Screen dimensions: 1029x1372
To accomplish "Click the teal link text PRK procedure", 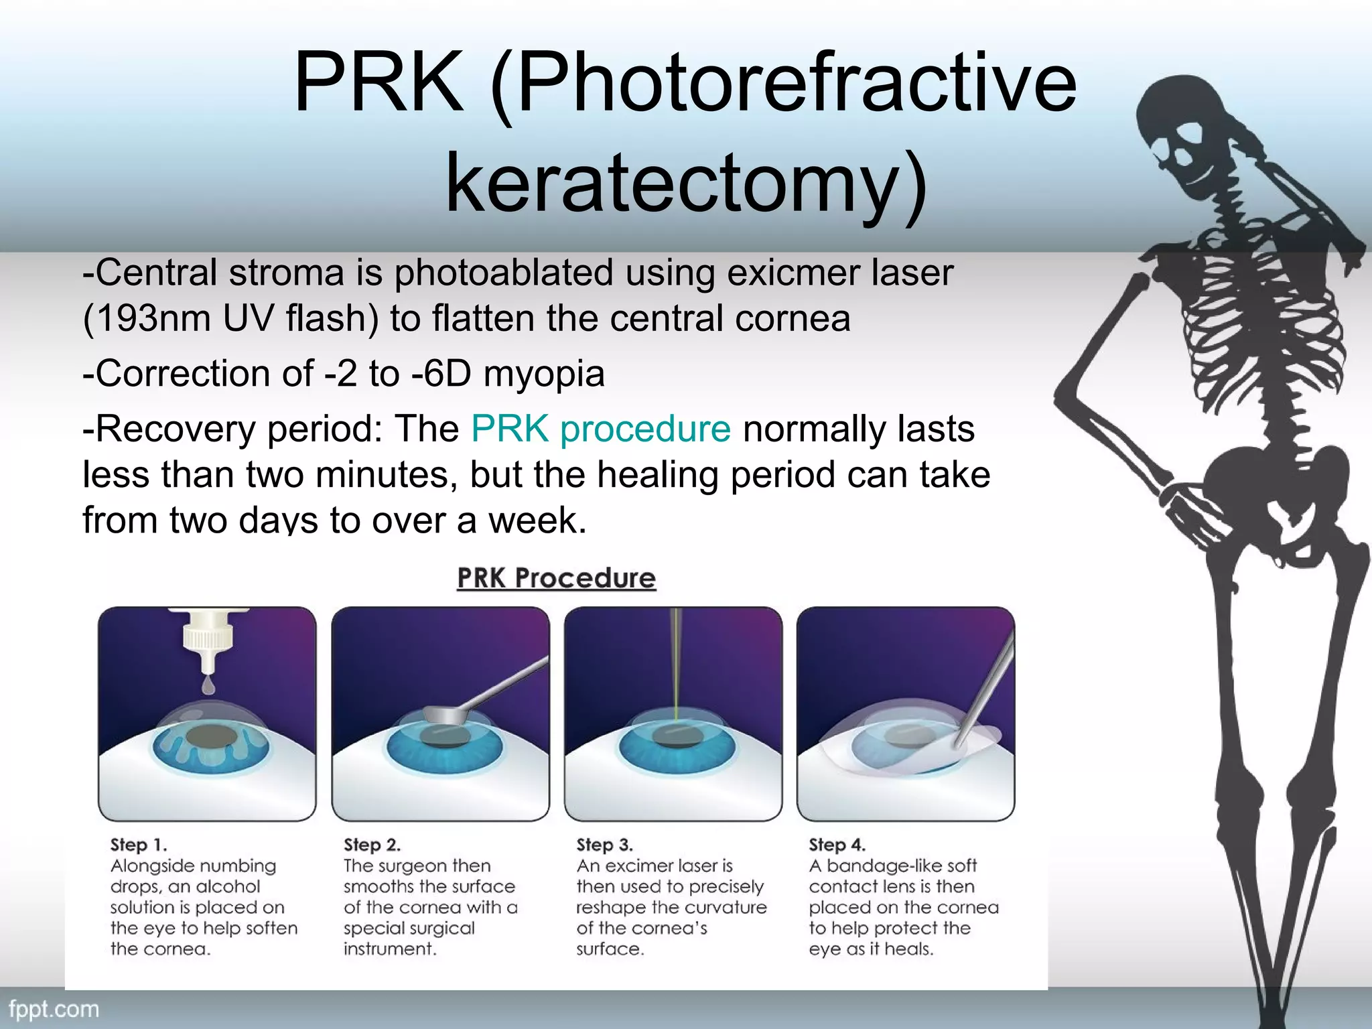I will [x=600, y=429].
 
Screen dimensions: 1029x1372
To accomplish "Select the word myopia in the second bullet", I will [x=543, y=373].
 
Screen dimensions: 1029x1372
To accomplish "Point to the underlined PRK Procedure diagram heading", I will [x=556, y=578].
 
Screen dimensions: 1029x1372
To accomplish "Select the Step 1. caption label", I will [x=139, y=845].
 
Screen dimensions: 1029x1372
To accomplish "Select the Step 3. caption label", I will [x=604, y=845].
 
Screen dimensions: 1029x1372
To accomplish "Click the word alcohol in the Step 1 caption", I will [x=228, y=886].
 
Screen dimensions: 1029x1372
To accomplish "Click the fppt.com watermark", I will [x=54, y=1009].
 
